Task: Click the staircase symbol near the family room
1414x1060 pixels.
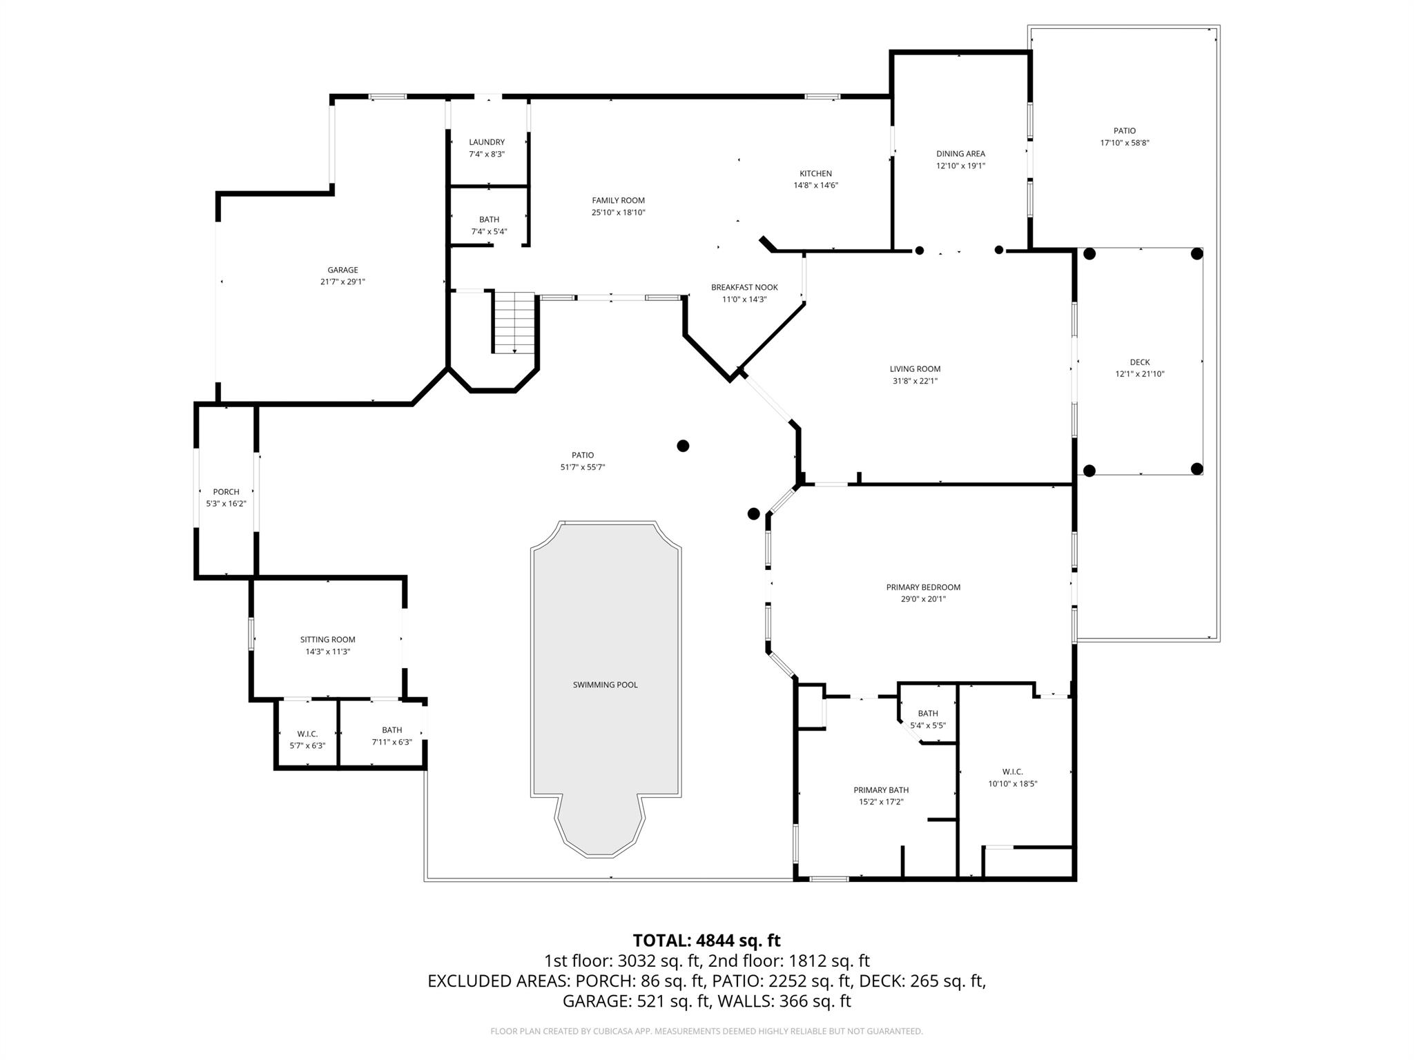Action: tap(514, 322)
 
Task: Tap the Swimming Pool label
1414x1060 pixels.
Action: tap(605, 685)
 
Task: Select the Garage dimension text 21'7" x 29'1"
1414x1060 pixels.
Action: tap(342, 282)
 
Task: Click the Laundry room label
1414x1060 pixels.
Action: tap(487, 142)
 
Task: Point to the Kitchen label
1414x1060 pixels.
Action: tap(815, 173)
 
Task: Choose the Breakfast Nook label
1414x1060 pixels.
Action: tap(744, 287)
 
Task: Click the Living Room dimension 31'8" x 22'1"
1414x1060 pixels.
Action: tap(915, 381)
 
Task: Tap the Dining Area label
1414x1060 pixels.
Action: tap(960, 154)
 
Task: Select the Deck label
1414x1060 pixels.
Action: tap(1139, 362)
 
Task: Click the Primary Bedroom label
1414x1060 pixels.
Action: tap(923, 587)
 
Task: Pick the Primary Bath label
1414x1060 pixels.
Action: tap(881, 790)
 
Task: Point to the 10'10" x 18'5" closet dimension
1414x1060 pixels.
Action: tap(1012, 784)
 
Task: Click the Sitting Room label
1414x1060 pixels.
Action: tap(327, 640)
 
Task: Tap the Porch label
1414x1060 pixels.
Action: tap(226, 492)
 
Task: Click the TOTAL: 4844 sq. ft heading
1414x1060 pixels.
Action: tap(706, 941)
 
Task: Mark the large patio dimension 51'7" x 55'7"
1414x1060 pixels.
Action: tap(583, 467)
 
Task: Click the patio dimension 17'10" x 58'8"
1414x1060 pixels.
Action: tap(1124, 143)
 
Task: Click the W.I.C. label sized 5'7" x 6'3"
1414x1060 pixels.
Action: tap(307, 734)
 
